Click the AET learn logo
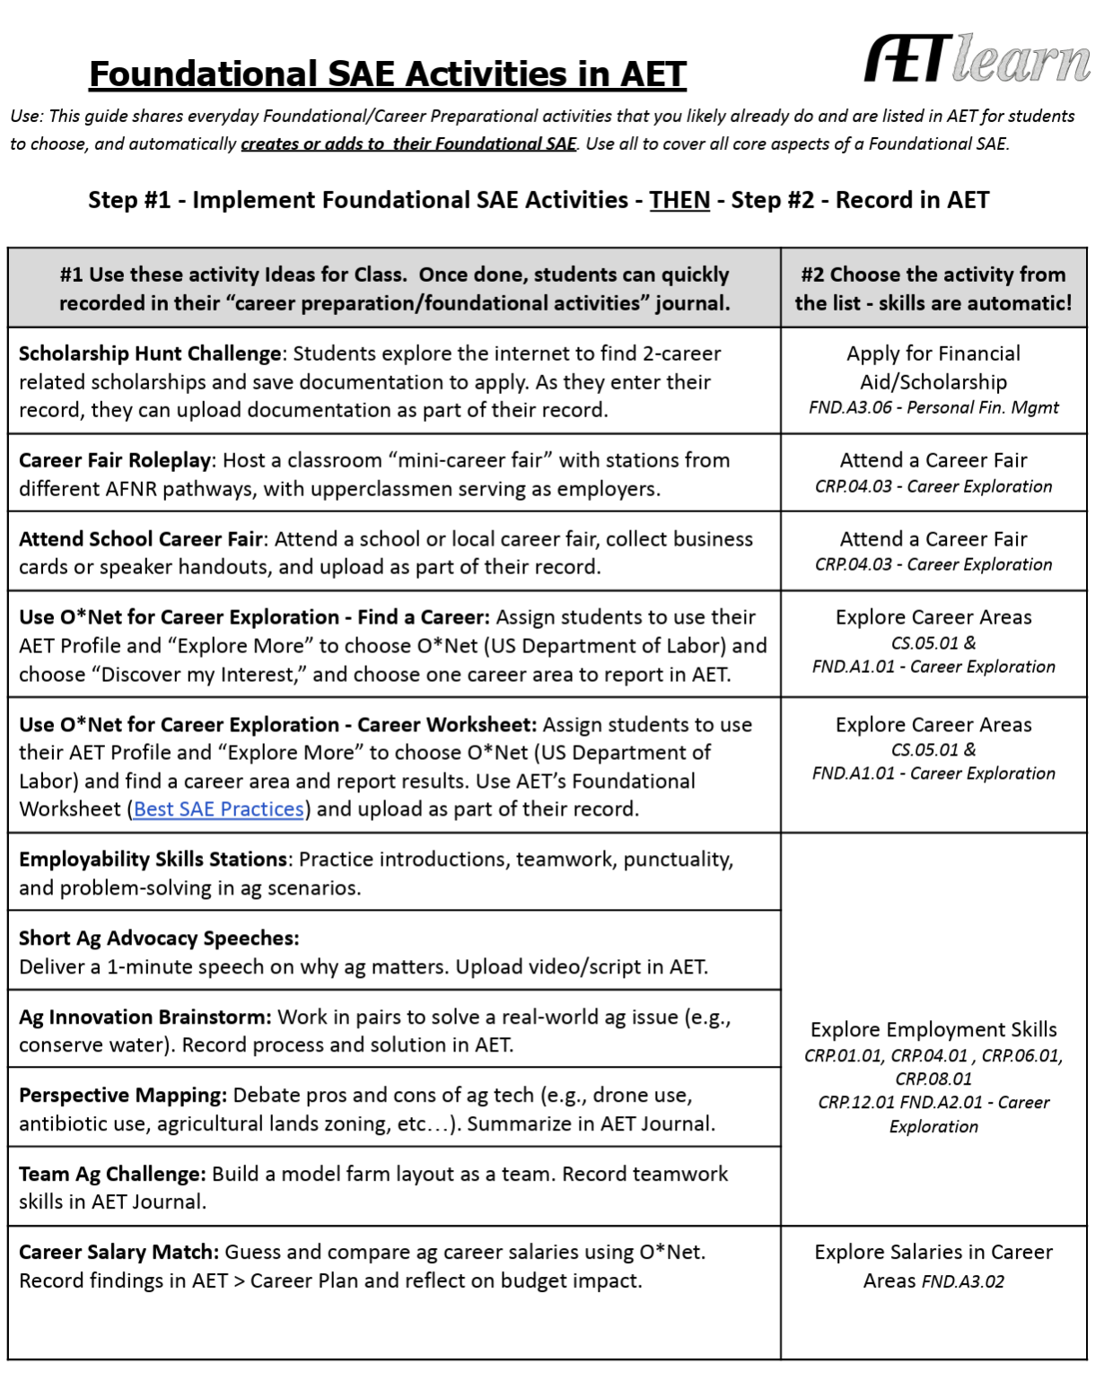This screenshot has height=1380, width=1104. tap(977, 59)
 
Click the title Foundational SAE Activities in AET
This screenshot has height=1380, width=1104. tap(388, 74)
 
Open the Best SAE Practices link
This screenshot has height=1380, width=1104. tap(219, 809)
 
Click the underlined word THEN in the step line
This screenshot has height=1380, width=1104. tap(679, 200)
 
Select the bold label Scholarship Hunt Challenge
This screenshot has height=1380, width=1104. tap(150, 354)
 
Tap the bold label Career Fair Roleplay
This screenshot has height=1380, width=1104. tap(115, 460)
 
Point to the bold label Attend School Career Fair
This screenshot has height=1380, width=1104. tap(141, 539)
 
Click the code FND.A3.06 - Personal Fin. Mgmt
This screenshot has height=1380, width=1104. tap(933, 408)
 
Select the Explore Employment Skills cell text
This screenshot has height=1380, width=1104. tap(933, 1029)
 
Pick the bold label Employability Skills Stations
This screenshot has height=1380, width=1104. tap(153, 860)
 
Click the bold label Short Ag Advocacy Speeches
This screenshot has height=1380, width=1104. tap(159, 939)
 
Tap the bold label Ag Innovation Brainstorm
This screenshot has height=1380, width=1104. tap(145, 1018)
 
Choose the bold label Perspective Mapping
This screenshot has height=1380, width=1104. tap(123, 1096)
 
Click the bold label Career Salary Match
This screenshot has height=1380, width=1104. tap(118, 1253)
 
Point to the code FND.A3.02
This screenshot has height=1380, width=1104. tap(963, 1281)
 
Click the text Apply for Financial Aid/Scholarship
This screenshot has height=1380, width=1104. tap(933, 368)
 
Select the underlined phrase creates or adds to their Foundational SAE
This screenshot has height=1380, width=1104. tap(408, 144)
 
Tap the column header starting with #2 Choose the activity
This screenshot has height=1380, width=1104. tap(933, 289)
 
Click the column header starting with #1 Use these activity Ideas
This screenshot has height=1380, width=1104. tap(394, 289)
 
